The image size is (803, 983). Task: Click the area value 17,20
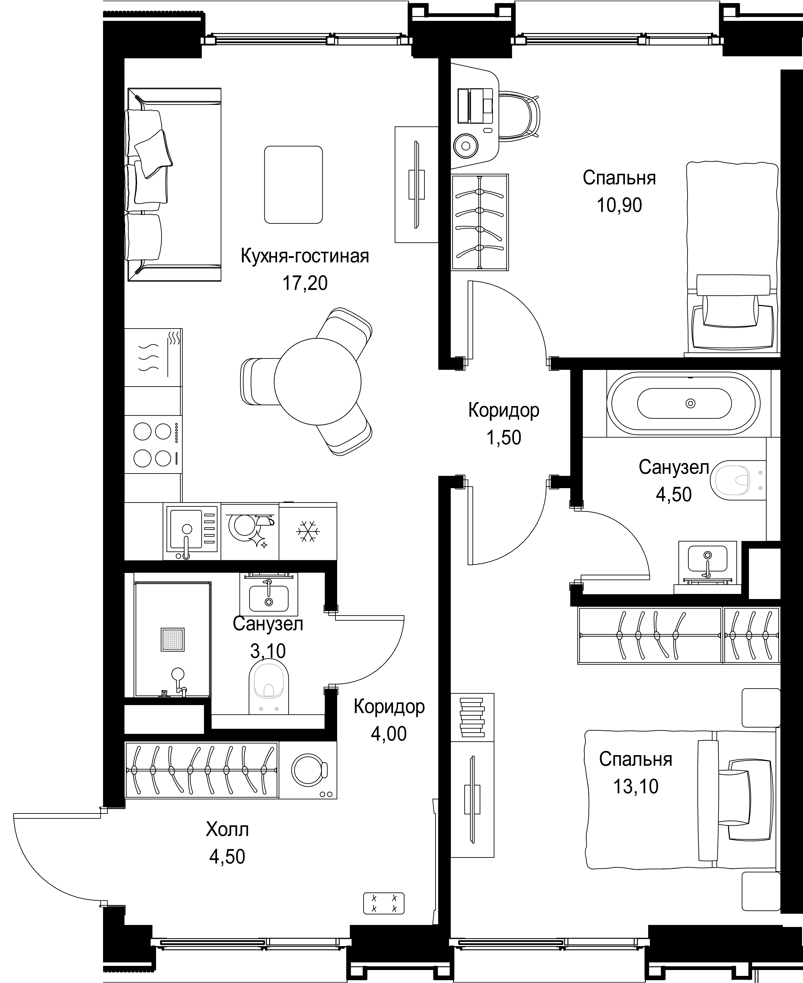click(305, 283)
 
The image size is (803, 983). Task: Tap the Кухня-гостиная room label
click(305, 256)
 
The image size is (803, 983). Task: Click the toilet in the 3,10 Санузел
click(269, 686)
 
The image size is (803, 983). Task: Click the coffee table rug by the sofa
click(293, 185)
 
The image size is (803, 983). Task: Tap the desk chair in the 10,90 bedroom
click(519, 116)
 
